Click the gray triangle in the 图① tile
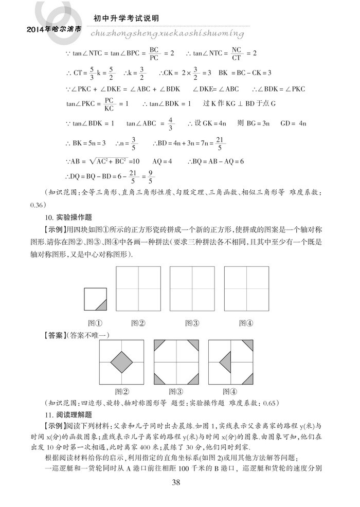tap(101, 305)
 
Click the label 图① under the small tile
tap(94, 323)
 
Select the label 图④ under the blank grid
tap(246, 323)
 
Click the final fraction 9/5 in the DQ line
tap(151, 180)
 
